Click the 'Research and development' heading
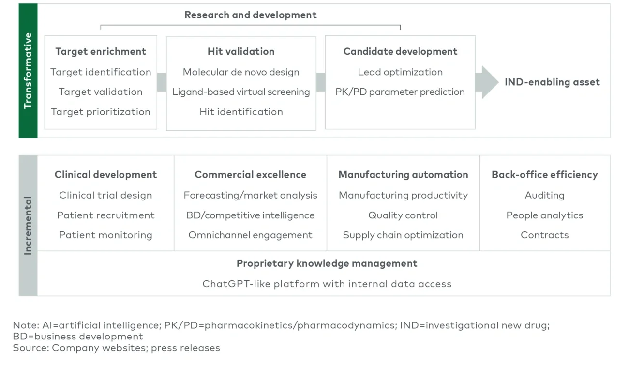point(250,15)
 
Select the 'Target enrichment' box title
point(101,52)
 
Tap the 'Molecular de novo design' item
point(241,72)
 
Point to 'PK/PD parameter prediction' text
point(400,92)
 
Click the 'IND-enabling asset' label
point(552,82)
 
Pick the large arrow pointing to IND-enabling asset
point(487,82)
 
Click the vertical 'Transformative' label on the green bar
point(28,71)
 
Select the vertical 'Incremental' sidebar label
point(28,225)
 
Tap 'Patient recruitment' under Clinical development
point(105,215)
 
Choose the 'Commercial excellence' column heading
point(250,175)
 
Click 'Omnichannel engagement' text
point(250,235)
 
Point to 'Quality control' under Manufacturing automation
point(403,215)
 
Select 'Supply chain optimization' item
point(403,235)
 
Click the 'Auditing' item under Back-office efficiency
point(544,196)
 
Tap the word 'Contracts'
point(544,235)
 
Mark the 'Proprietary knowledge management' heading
point(327,264)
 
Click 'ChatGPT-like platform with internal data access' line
point(327,284)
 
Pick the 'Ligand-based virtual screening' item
point(241,92)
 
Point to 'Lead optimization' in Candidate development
point(400,72)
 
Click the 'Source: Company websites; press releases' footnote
point(116,348)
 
